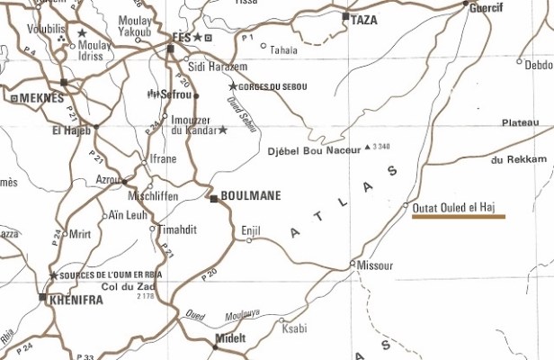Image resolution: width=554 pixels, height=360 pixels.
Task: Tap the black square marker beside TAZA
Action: [x=346, y=16]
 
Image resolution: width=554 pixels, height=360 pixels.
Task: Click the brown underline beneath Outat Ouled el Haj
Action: [x=458, y=217]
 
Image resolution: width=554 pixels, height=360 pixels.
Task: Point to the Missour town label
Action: [x=375, y=266]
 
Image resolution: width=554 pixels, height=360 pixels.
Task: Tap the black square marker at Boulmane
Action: [x=214, y=199]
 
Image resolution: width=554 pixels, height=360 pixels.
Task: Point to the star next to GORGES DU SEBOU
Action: [x=233, y=86]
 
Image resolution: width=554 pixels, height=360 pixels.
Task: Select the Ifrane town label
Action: [x=163, y=159]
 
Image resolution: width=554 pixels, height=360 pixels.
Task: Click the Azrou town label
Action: [x=110, y=180]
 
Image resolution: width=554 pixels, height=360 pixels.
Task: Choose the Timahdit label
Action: [x=178, y=229]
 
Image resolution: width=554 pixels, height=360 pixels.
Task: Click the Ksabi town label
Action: [x=294, y=328]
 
